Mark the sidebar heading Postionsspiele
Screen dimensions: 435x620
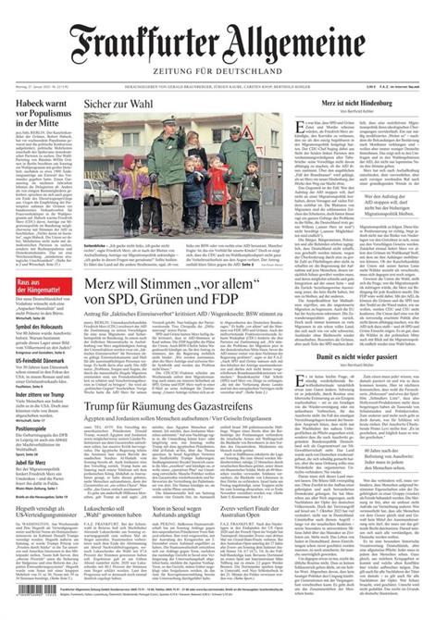coord(38,454)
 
